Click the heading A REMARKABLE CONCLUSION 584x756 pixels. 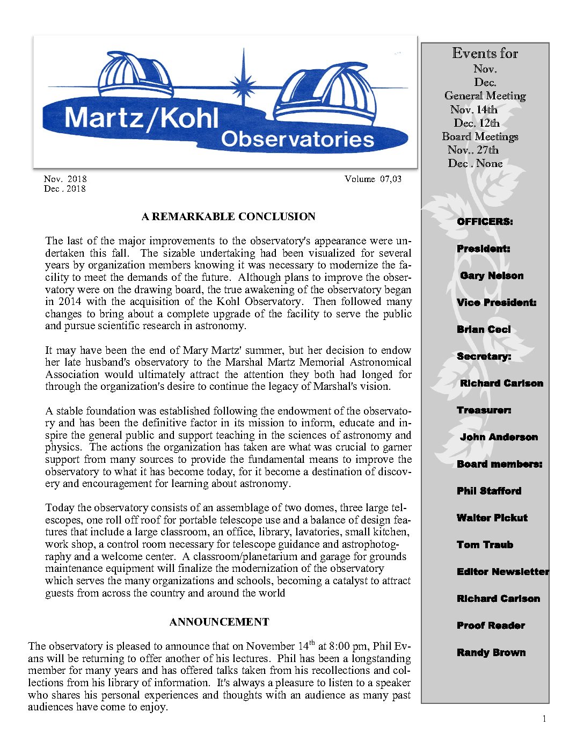pos(228,217)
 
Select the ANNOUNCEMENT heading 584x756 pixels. pos(219,622)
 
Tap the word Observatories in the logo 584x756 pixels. pos(297,139)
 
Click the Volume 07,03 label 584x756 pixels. pos(373,179)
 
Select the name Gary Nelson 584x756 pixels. pos(492,276)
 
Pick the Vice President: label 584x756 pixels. pos(497,303)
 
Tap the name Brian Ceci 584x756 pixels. pos(484,330)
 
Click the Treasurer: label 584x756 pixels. pos(484,410)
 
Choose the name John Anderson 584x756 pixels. pos(499,437)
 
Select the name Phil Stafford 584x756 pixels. pos(489,491)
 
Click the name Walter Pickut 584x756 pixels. pos(492,518)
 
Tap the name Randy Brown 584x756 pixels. pos(491,653)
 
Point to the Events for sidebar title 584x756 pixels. pos(485,54)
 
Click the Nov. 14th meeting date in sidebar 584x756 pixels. pos(474,110)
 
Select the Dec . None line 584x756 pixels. pos(475,164)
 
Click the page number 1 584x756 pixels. pos(544,719)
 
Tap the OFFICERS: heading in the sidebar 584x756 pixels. pos(485,222)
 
